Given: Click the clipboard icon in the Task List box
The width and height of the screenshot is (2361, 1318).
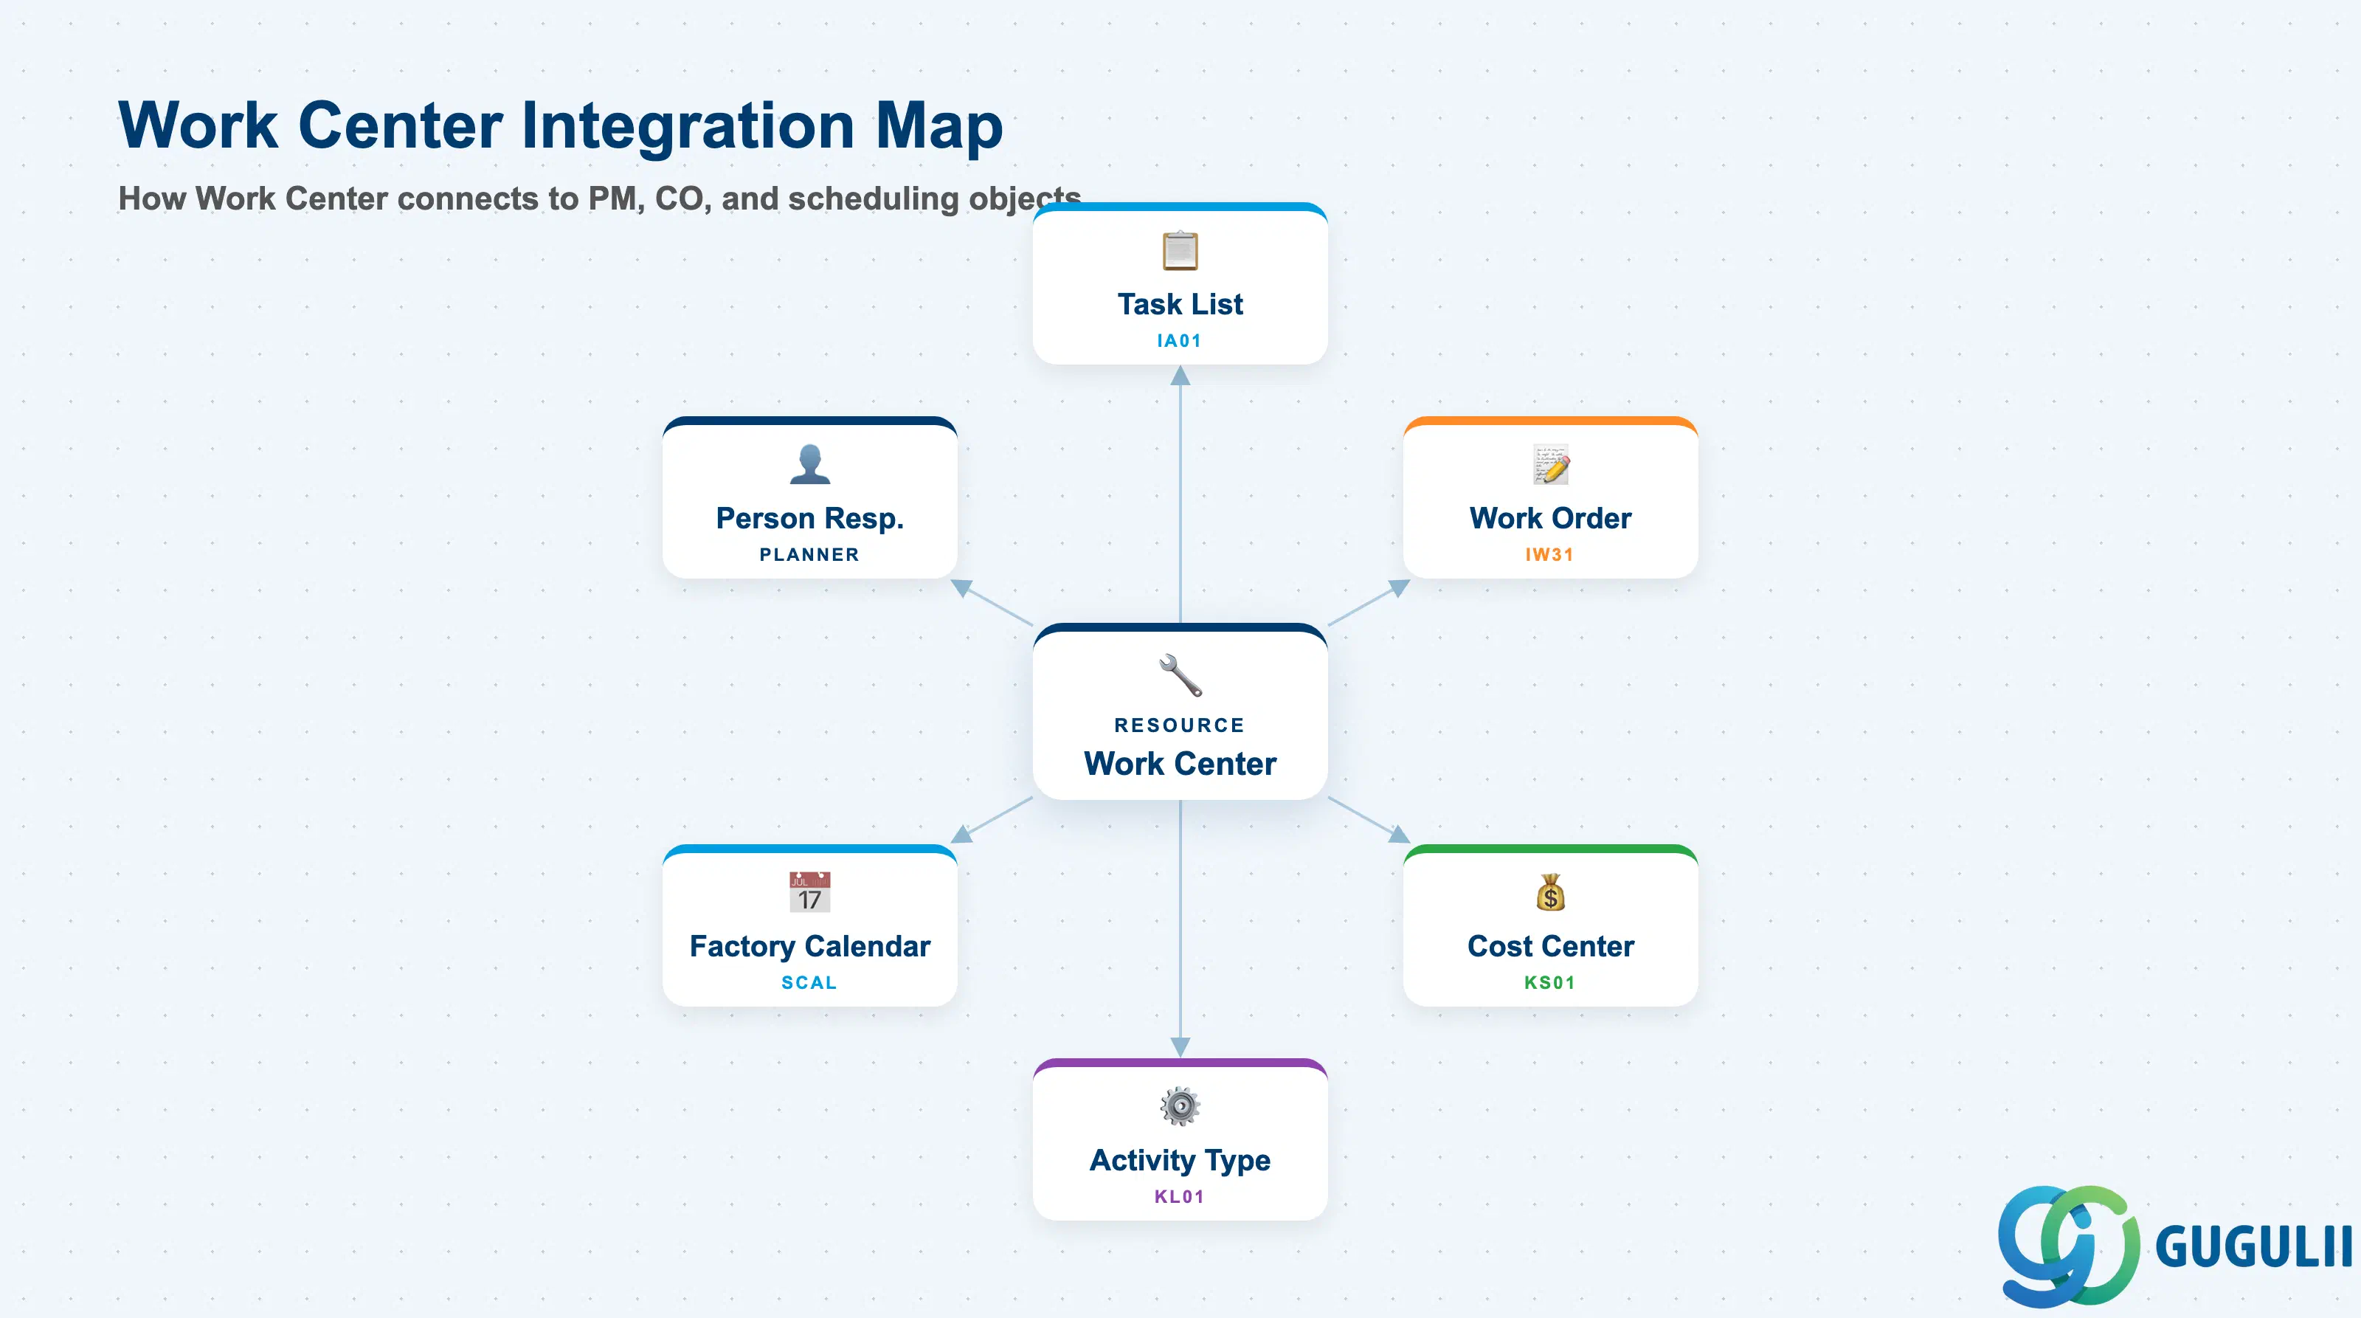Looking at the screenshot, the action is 1180,250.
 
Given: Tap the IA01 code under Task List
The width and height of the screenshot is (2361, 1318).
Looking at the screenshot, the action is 1180,341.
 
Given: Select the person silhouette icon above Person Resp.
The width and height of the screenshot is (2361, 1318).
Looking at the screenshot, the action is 809,463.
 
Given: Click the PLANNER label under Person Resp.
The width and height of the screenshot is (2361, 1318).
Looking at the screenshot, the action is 809,554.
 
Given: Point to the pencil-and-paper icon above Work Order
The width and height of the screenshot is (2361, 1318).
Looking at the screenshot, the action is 1551,463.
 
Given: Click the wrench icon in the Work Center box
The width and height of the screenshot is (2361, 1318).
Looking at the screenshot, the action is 1180,675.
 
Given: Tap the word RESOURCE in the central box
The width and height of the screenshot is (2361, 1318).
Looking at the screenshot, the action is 1180,725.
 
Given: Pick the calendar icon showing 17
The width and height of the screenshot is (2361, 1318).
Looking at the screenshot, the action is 809,891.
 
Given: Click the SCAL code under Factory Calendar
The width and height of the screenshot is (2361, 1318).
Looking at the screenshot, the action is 809,982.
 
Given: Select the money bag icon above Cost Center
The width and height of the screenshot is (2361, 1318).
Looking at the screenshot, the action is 1551,891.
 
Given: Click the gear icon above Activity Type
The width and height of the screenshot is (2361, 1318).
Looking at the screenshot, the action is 1180,1106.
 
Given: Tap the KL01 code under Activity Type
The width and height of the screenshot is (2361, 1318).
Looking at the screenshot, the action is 1180,1196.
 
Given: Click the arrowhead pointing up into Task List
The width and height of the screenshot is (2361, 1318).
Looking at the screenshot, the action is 1180,375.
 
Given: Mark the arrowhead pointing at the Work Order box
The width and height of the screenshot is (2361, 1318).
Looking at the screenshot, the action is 1399,587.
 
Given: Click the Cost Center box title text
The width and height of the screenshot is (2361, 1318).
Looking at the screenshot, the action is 1551,946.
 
